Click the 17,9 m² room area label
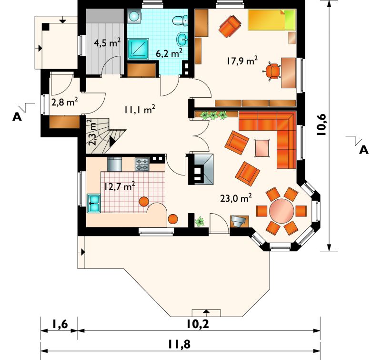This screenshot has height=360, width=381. click(242, 61)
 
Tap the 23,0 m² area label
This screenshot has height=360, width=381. click(236, 198)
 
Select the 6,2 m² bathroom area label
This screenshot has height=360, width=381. click(169, 53)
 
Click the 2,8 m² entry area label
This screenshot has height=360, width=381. click(65, 102)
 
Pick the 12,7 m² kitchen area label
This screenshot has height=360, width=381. click(120, 186)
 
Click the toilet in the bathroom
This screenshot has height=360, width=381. click(180, 21)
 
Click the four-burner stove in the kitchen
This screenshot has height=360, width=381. click(142, 165)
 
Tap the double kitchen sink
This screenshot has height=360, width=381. click(94, 203)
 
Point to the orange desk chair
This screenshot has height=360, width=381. click(272, 71)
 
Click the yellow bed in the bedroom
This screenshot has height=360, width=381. click(272, 20)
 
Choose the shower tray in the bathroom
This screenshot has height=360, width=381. click(138, 49)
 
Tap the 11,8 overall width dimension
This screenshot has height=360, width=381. click(179, 344)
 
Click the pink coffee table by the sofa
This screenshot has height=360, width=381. click(262, 148)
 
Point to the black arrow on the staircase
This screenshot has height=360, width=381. click(112, 141)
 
